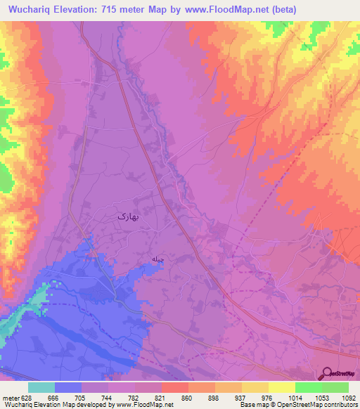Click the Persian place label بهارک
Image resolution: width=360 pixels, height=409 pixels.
[129, 217]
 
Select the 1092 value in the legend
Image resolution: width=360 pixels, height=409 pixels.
[348, 398]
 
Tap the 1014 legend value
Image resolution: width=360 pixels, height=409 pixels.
[295, 398]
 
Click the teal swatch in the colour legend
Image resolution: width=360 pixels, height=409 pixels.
[41, 387]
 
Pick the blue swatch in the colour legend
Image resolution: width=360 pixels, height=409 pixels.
[67, 387]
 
